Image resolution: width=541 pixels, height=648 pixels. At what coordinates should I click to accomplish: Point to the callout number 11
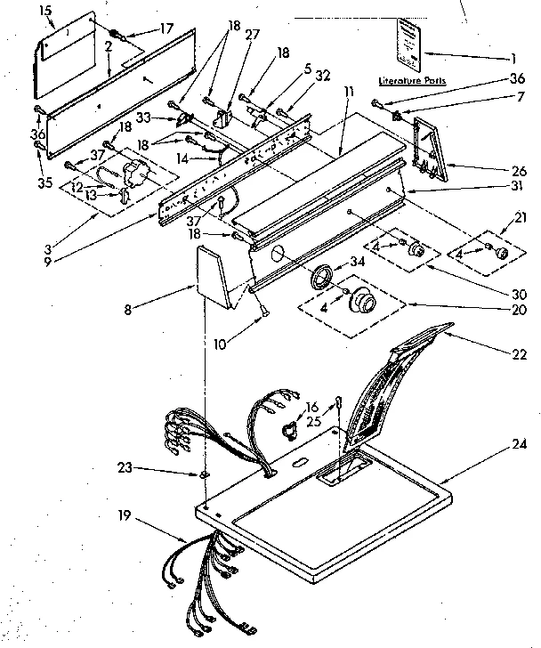351,92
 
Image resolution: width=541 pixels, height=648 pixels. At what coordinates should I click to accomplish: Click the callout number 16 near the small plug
311,407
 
